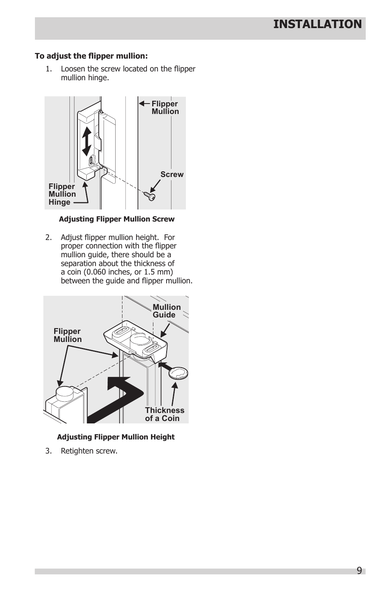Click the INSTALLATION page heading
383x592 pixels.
pos(317,24)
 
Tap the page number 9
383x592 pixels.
pos(359,571)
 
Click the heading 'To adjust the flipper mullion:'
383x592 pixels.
pos(91,56)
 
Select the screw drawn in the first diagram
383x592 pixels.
pos(150,196)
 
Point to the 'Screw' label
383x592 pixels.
pos(172,175)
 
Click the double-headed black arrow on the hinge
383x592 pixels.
pos(87,141)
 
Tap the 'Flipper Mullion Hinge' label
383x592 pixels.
pos(62,194)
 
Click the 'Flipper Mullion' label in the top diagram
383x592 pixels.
pos(165,108)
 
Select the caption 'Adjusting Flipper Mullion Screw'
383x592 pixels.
pos(116,219)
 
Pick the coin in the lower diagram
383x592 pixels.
pos(178,373)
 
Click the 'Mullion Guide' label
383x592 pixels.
pos(167,311)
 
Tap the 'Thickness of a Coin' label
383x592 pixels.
pos(165,414)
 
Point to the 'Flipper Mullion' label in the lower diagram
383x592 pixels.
pos(67,335)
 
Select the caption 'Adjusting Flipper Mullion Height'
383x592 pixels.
pos(116,437)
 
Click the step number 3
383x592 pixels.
pos(48,451)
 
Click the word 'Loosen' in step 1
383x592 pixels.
pos(73,69)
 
